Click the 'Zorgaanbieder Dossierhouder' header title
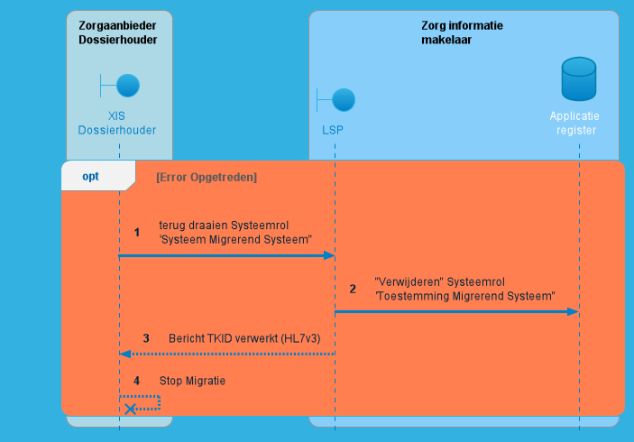click(118, 32)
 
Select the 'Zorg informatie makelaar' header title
click(462, 32)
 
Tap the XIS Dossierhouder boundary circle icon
click(127, 86)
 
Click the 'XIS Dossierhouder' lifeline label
click(118, 123)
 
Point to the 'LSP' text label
click(333, 130)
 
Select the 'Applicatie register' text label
click(574, 123)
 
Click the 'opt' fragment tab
click(90, 177)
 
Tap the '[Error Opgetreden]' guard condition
click(207, 178)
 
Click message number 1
click(137, 232)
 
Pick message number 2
click(353, 289)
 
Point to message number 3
click(146, 339)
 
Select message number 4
click(137, 381)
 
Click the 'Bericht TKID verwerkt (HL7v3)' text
click(243, 339)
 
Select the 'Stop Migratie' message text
click(192, 381)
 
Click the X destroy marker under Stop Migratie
click(131, 409)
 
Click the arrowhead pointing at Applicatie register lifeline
click(573, 311)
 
